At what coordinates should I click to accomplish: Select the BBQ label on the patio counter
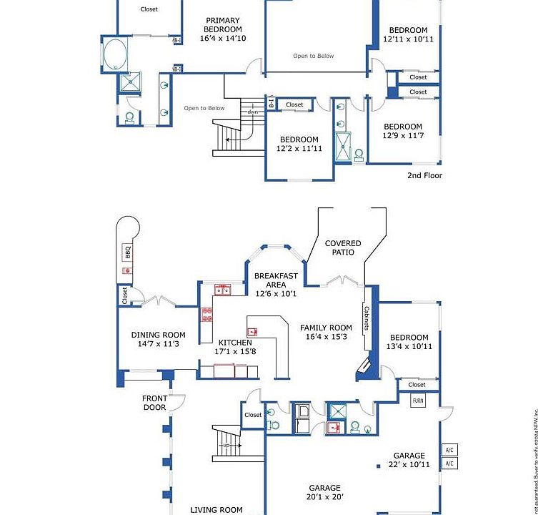pos(128,252)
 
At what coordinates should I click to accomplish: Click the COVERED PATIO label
pos(343,247)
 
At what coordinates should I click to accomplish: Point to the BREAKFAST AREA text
pos(276,280)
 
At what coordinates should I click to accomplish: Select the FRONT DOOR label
pos(154,403)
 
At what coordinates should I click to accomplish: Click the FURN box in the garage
pos(418,401)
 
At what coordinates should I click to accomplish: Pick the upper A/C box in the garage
pos(449,450)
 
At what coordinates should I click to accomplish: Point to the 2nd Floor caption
pos(424,175)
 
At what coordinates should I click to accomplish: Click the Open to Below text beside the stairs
pos(204,108)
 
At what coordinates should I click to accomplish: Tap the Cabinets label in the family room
pos(367,319)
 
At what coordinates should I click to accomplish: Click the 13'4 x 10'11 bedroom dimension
pos(409,346)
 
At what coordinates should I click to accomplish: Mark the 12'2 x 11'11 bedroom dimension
pos(299,149)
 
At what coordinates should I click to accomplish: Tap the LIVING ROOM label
pos(216,510)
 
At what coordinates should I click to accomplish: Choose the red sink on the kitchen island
pos(252,332)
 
